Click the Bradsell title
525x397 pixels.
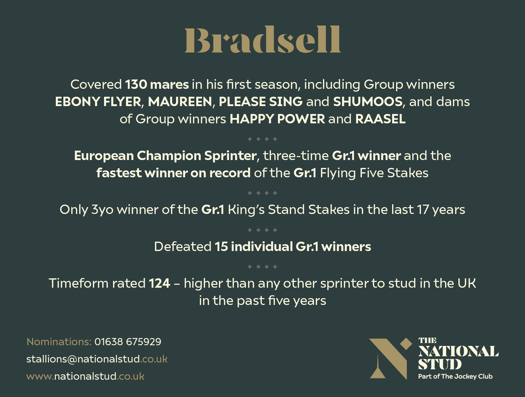tap(262, 40)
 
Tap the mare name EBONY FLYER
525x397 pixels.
tap(98, 102)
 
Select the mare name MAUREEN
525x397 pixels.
tap(180, 102)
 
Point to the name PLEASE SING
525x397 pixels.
tap(260, 102)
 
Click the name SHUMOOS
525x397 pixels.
tap(367, 102)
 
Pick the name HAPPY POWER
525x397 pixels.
tap(277, 119)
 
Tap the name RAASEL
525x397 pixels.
tap(380, 119)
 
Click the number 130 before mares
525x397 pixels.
tap(136, 85)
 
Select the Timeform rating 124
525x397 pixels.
tap(160, 283)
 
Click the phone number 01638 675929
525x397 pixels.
tap(128, 342)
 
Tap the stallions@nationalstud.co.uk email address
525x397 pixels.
tap(97, 359)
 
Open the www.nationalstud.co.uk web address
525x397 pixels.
tap(85, 377)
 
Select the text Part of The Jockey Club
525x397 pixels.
tap(455, 377)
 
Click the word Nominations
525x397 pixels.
tap(59, 342)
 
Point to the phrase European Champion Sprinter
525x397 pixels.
tap(165, 156)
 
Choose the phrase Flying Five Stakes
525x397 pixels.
tap(374, 173)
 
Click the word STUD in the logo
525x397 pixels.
tap(440, 364)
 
